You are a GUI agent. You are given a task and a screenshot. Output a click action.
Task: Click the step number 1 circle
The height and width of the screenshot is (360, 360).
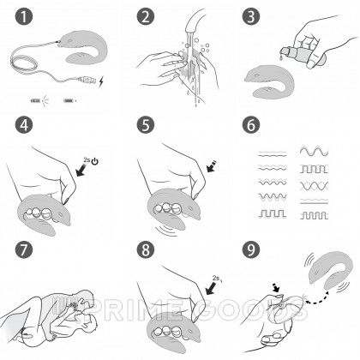[24, 16]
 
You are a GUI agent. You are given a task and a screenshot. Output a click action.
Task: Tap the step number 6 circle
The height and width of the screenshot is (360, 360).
[251, 125]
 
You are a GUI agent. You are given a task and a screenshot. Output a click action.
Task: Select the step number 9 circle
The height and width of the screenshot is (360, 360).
[251, 249]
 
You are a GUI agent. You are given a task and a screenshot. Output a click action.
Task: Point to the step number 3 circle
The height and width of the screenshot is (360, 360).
[251, 16]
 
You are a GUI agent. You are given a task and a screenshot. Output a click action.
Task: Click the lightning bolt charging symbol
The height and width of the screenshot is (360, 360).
[101, 82]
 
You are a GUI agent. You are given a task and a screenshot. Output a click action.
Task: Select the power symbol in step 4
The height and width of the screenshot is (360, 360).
[95, 161]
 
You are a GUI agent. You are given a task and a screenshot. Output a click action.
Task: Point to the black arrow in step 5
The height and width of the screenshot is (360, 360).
[212, 166]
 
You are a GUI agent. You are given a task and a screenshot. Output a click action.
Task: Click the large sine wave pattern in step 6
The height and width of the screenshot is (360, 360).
[314, 151]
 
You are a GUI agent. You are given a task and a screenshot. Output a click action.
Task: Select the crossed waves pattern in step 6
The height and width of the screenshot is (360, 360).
[314, 186]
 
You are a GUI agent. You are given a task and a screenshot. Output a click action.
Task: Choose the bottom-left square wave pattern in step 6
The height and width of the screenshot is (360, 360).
[272, 213]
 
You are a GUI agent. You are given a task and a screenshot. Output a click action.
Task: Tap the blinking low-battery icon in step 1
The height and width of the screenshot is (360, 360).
[36, 100]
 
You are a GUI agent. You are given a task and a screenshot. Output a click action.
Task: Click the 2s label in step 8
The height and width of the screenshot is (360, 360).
[216, 278]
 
